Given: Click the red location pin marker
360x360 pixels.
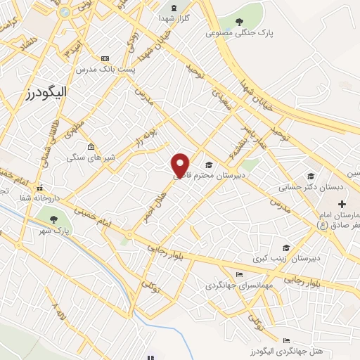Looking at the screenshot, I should (181, 165).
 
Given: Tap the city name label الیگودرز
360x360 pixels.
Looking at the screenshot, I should (39, 93).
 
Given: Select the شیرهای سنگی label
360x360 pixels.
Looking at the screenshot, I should (86, 158).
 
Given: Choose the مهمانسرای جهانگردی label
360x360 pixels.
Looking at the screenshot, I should (233, 285).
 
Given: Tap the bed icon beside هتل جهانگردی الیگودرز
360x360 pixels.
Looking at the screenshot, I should (285, 340).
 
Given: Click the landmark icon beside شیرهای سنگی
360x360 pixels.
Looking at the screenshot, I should (90, 146).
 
